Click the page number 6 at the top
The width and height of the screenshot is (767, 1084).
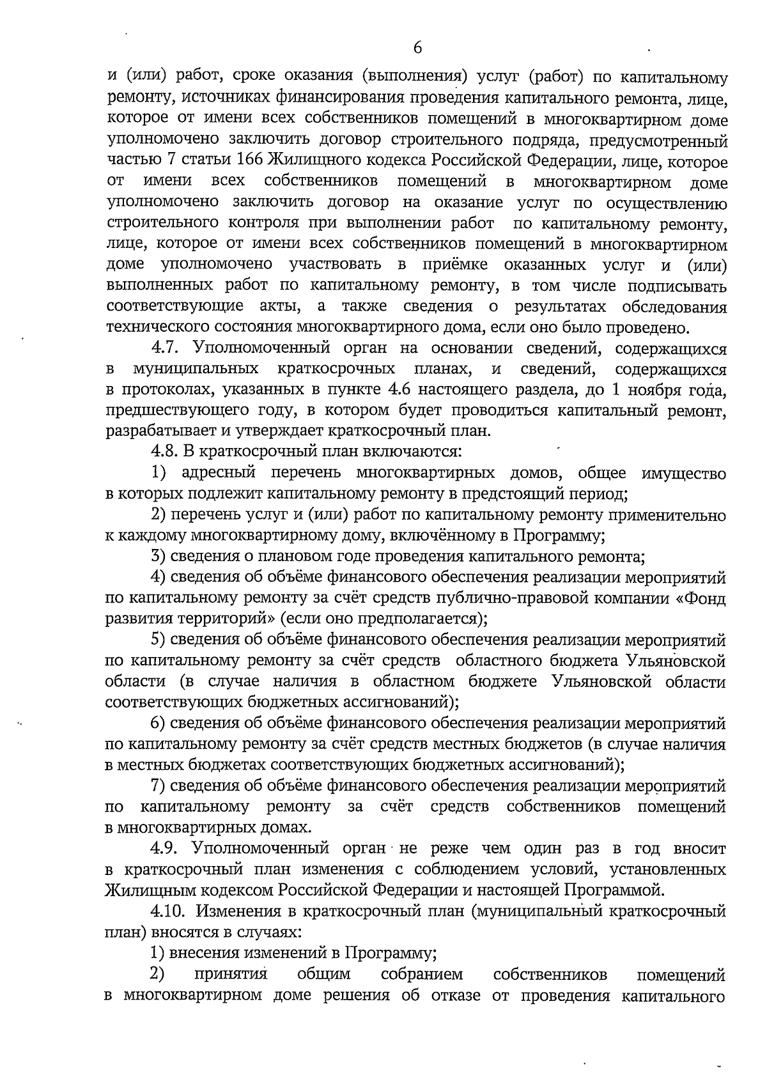(x=417, y=48)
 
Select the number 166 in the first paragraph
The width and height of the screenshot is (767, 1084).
(x=250, y=160)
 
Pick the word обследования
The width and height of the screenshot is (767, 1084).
(x=675, y=307)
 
